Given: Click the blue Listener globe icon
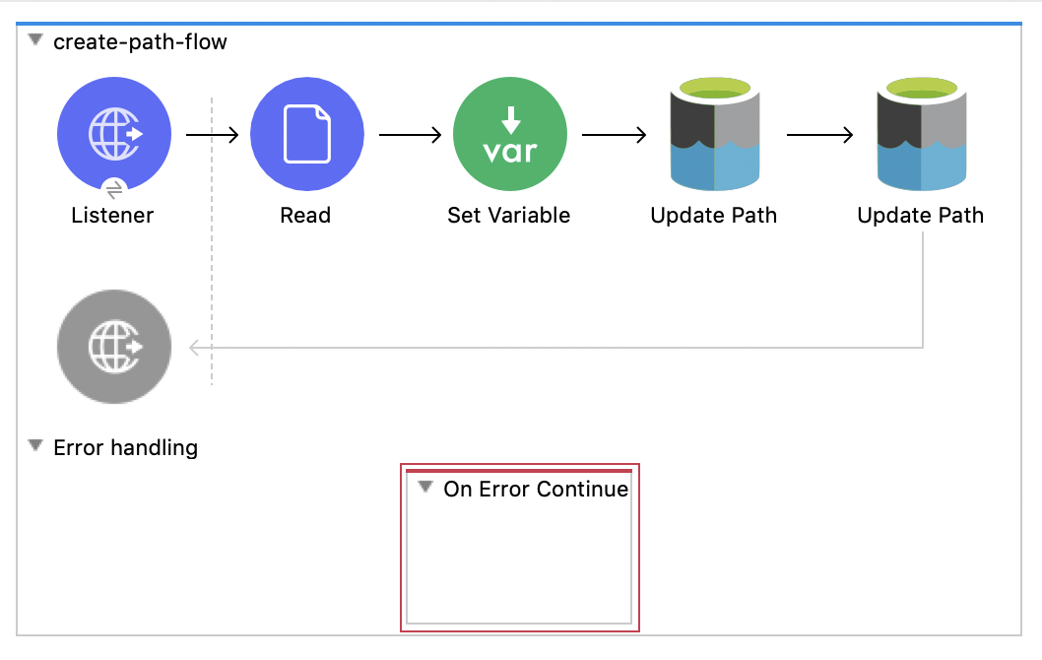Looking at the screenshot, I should pos(113,134).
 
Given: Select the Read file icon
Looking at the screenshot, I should pos(306,134).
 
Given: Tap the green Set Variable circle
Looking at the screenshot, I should pos(509,134).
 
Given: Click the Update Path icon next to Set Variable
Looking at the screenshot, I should pos(713,134).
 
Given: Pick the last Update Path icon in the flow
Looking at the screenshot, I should pos(920,134).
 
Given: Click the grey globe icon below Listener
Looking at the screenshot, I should pos(113,346).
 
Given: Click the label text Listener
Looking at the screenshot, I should pos(112,215).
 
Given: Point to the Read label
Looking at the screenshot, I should pos(305,215).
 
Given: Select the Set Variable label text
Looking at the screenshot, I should pos(508,215).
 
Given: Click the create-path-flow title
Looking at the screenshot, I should pos(140,41).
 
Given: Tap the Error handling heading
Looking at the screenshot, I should pos(125,447).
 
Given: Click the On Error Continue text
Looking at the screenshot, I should pos(535,489).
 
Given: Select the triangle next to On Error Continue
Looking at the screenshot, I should pos(425,488).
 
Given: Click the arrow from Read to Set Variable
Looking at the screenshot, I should pos(409,135).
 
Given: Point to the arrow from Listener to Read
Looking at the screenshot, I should pos(212,135).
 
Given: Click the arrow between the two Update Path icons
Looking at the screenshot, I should pos(819,135).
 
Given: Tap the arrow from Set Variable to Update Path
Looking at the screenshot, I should pos(613,135).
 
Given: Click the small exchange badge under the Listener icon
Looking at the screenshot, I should pos(114,187).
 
